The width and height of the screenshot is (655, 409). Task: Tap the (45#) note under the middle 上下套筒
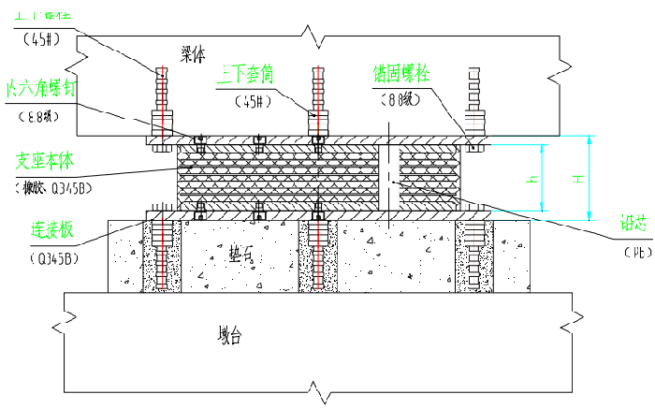point(251,100)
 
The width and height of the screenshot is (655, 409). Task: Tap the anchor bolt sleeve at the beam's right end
point(473,103)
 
